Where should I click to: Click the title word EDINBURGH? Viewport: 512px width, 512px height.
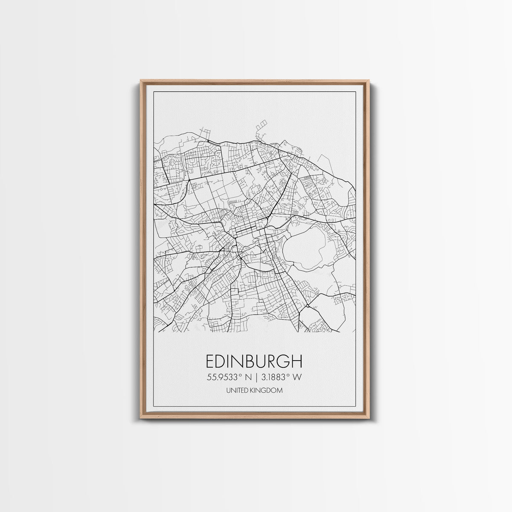coord(254,361)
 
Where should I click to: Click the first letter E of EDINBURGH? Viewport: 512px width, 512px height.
coord(210,361)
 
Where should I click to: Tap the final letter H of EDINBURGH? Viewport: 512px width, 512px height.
coord(297,361)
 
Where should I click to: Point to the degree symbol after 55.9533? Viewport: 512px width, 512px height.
coord(240,375)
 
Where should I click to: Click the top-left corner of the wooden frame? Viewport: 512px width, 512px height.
coord(141,81)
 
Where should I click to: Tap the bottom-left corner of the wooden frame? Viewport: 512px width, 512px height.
coord(141,417)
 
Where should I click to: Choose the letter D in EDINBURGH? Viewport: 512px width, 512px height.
coord(222,361)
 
